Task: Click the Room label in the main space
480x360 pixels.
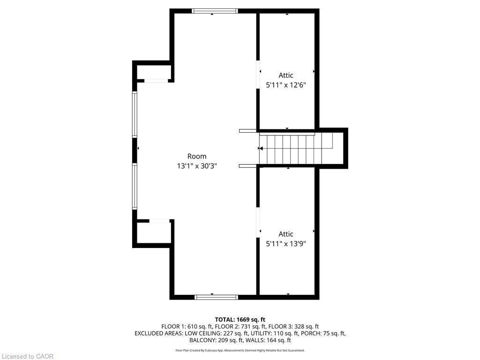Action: [196, 156]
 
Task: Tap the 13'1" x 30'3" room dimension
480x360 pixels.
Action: [196, 166]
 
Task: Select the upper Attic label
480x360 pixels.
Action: [286, 75]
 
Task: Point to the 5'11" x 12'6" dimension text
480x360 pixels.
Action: [286, 85]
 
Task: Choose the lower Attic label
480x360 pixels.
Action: [286, 234]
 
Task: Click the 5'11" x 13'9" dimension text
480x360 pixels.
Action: [286, 244]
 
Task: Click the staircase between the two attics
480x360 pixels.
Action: [296, 149]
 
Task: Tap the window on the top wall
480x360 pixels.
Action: [215, 11]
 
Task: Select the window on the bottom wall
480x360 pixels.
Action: [216, 297]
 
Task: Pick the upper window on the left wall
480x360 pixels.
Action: [135, 114]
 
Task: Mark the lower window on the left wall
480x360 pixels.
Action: [135, 186]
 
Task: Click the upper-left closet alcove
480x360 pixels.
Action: [153, 72]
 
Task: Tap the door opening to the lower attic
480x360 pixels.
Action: [258, 222]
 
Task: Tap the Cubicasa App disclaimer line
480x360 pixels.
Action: [240, 351]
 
